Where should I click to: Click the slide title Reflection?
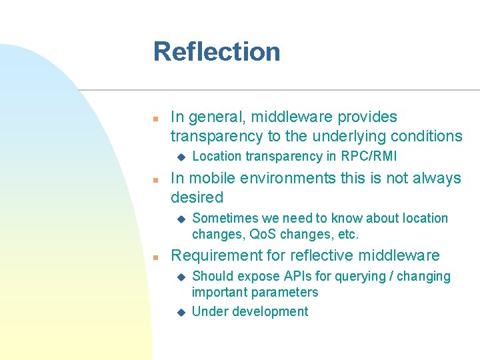pos(217,52)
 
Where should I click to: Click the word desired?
pos(197,198)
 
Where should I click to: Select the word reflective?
pos(316,256)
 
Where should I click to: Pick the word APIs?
pos(301,277)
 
